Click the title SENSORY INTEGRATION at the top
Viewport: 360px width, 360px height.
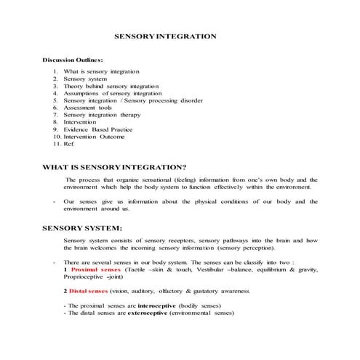coord(165,35)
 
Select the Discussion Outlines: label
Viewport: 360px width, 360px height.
coord(73,60)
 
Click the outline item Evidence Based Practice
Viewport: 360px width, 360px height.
coord(96,129)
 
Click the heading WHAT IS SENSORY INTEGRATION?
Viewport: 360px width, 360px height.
coord(115,167)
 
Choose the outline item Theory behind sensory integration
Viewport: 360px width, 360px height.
coord(105,86)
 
